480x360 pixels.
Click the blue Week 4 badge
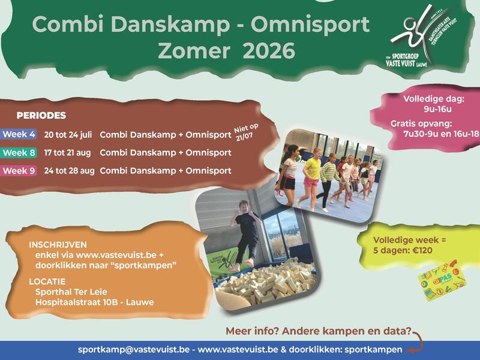pyautogui.click(x=19, y=134)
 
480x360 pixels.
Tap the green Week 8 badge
pyautogui.click(x=19, y=152)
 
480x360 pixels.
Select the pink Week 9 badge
pyautogui.click(x=19, y=171)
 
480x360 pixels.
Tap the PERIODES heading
pyautogui.click(x=41, y=115)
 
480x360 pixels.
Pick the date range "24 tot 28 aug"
pyautogui.click(x=69, y=171)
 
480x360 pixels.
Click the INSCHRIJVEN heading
pyautogui.click(x=58, y=245)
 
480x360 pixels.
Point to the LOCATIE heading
pyautogui.click(x=47, y=281)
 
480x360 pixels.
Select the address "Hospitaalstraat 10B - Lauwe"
pyautogui.click(x=94, y=302)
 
